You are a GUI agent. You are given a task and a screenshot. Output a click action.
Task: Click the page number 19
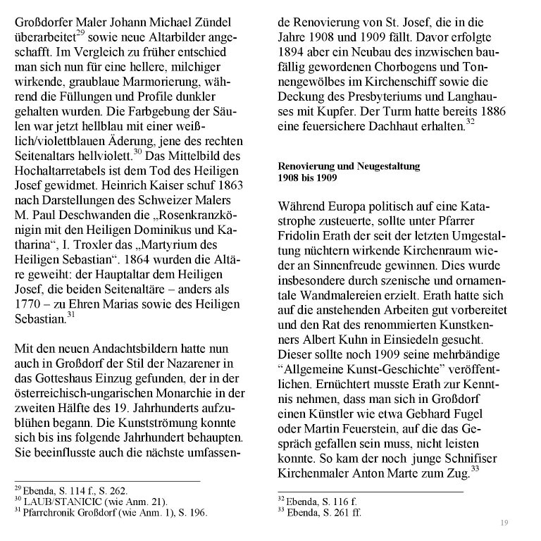(x=504, y=522)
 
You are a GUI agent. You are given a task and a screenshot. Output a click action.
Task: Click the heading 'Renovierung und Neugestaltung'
(x=349, y=166)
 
